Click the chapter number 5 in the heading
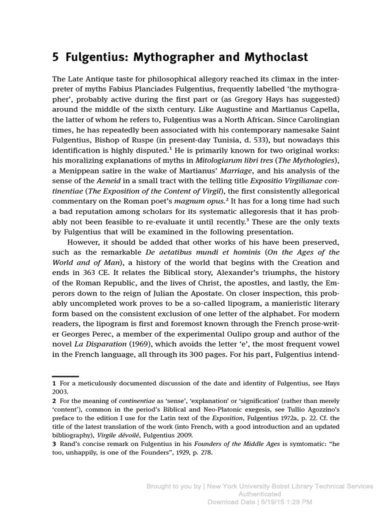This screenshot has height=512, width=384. click(x=55, y=58)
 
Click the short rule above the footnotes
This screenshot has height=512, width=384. click(x=65, y=376)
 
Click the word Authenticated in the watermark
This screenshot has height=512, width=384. click(x=259, y=494)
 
